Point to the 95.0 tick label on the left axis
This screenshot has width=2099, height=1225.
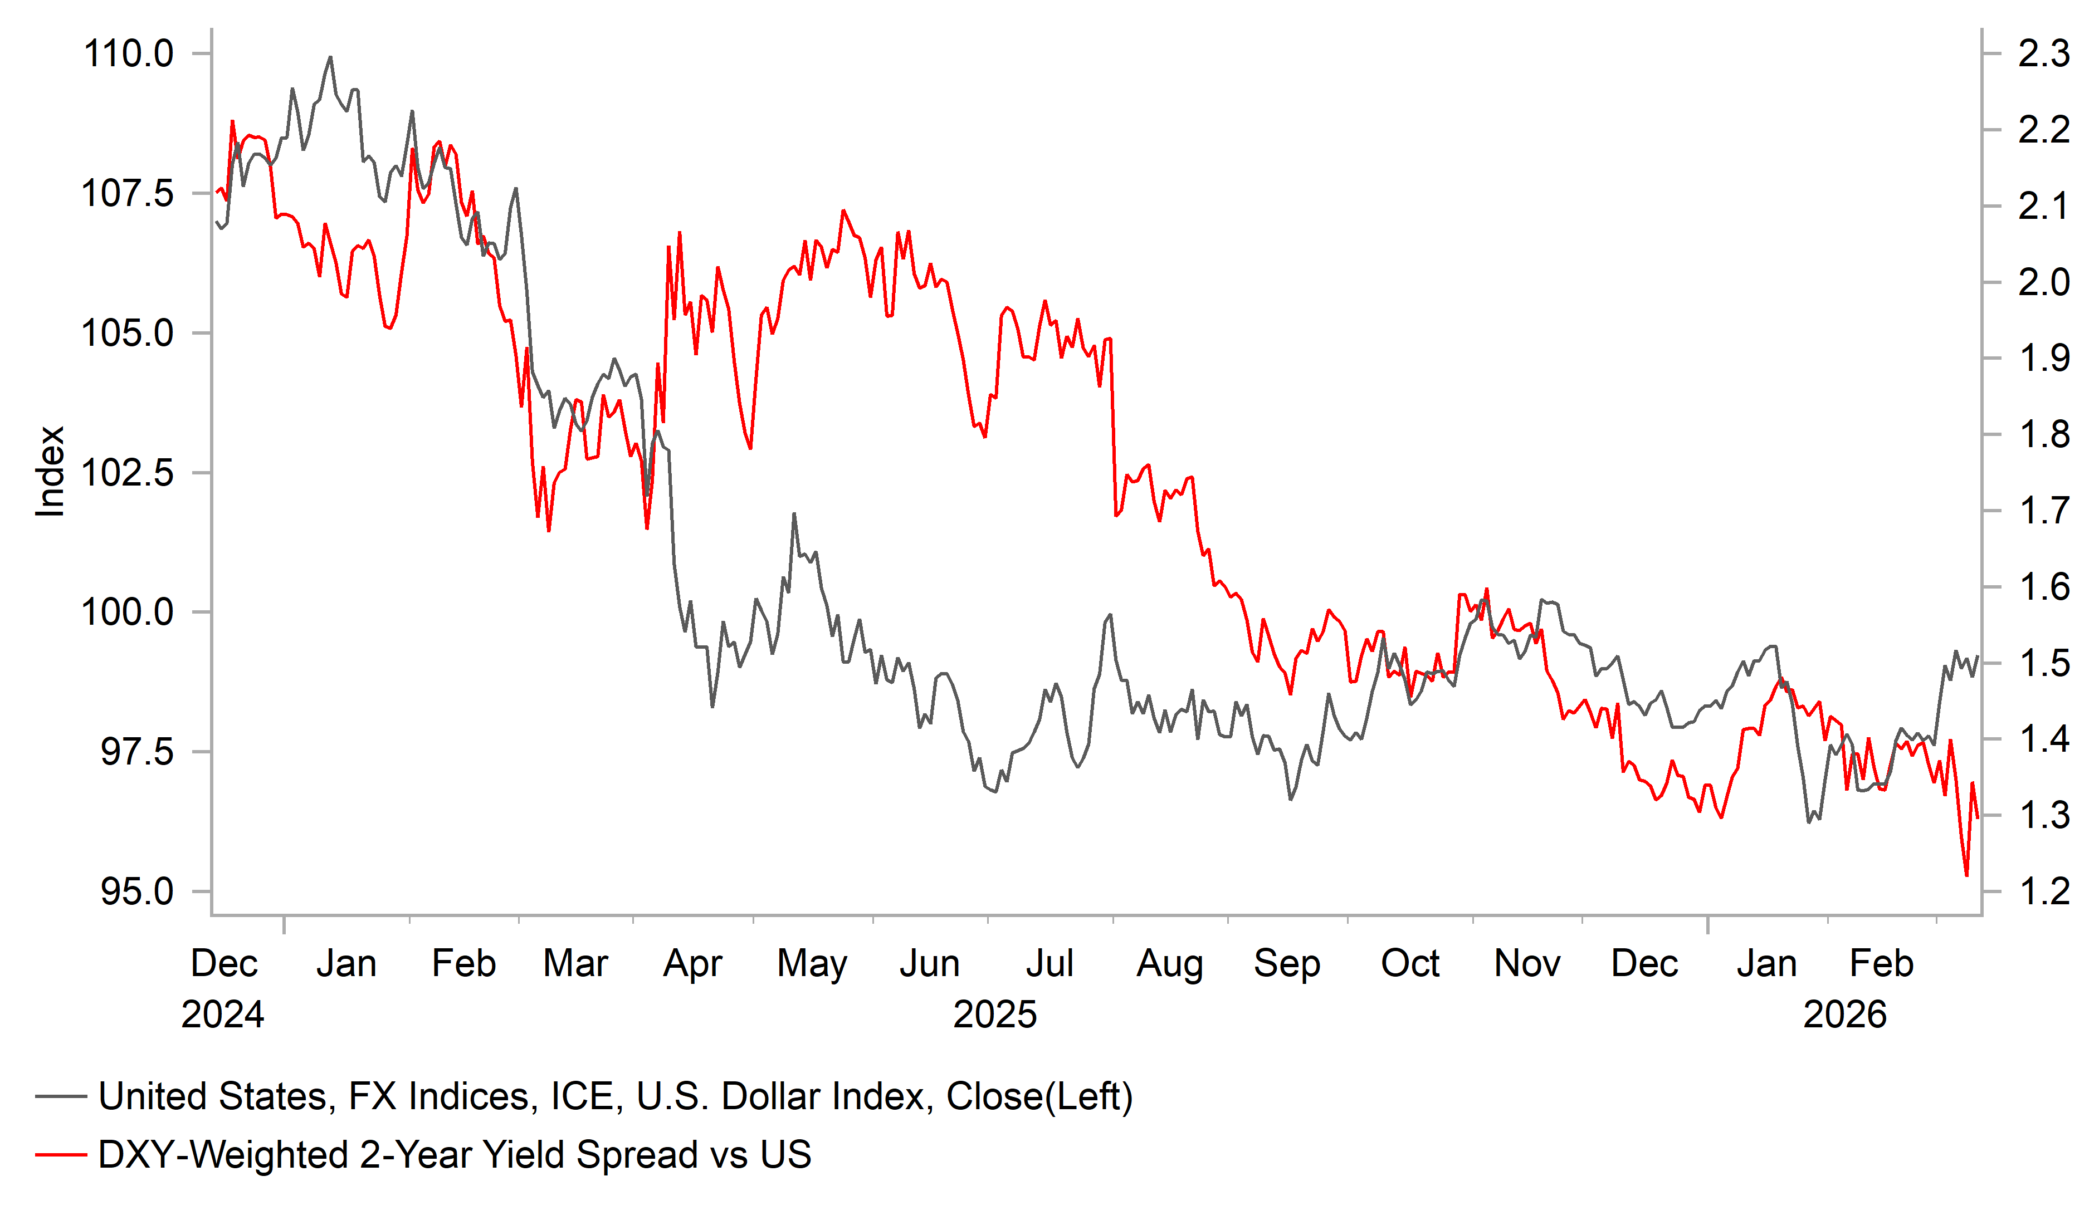point(136,892)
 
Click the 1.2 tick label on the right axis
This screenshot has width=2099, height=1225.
point(2043,892)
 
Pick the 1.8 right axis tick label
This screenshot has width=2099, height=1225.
point(2043,435)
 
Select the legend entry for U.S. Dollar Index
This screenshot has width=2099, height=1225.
point(614,1097)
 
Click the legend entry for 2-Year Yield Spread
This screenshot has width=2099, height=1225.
point(454,1155)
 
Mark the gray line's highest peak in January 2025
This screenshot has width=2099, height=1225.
point(331,57)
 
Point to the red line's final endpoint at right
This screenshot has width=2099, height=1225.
point(1978,819)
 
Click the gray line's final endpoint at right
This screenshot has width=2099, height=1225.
point(1978,657)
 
